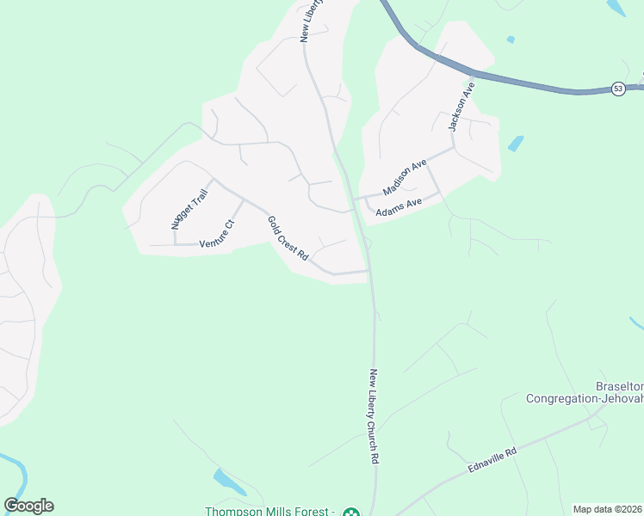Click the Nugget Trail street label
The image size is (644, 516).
click(190, 211)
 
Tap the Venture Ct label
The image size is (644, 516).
click(217, 234)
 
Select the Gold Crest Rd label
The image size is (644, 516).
click(288, 238)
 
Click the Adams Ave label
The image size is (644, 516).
click(399, 206)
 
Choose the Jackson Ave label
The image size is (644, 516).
click(461, 107)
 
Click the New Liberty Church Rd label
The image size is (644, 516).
click(375, 416)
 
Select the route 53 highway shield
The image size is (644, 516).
click(618, 89)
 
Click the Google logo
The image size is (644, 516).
click(28, 506)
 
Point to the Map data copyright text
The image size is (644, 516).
click(608, 509)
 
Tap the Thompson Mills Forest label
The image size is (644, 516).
click(269, 512)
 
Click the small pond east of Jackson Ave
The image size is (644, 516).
click(516, 144)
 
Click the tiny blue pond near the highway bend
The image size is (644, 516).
click(511, 40)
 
